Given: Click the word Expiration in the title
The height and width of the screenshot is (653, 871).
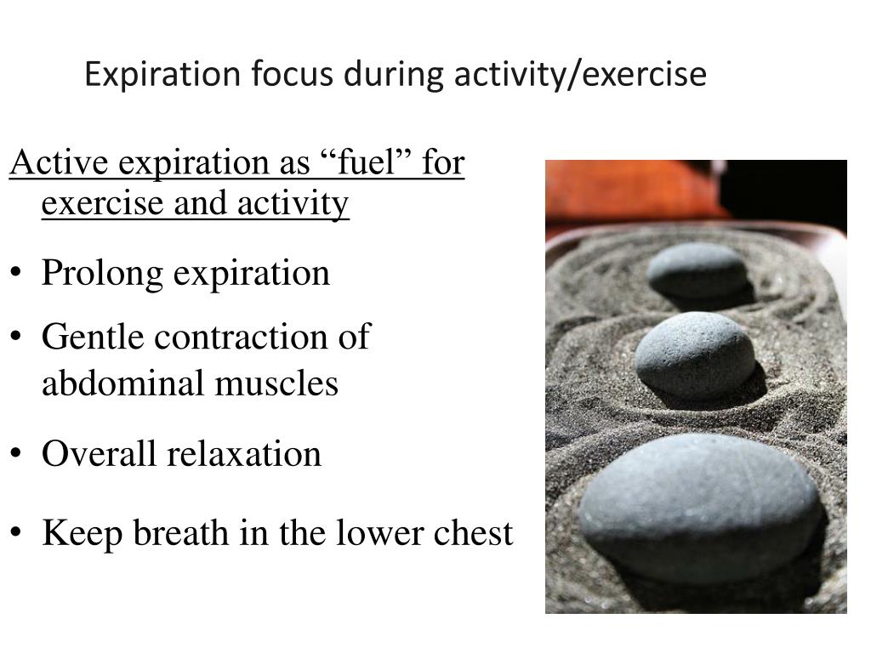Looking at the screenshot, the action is point(162,75).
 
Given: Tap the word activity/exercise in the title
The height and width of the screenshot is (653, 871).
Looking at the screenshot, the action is point(580,75).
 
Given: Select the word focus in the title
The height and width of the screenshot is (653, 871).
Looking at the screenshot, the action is point(293,74).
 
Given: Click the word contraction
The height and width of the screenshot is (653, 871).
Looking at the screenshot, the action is point(241,338).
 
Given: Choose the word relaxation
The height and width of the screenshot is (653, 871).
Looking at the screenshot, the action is point(244,453).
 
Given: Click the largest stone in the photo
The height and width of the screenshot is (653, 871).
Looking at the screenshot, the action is point(700,507).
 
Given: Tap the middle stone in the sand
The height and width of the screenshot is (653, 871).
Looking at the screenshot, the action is point(695,355).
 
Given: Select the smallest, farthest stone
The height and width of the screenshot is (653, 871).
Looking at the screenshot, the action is point(697,270).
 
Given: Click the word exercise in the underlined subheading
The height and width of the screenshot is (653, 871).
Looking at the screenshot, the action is point(103,202).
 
